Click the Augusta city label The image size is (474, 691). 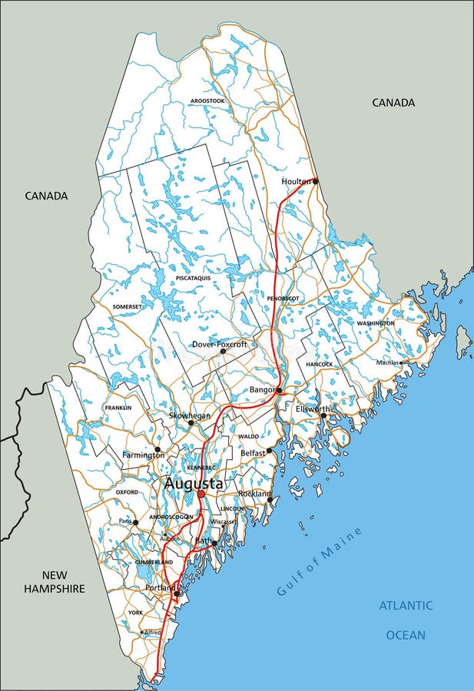tap(193, 484)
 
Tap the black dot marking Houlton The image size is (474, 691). tap(315, 181)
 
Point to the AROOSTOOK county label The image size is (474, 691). tap(207, 101)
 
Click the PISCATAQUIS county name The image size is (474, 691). tap(193, 278)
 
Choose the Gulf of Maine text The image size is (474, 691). tap(309, 572)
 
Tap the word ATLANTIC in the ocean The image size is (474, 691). tap(406, 606)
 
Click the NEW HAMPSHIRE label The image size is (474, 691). tap(54, 581)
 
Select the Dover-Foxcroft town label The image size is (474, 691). tap(220, 345)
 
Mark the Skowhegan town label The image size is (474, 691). tap(190, 415)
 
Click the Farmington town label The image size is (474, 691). tap(143, 455)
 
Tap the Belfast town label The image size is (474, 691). tap(253, 453)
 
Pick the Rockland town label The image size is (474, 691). tap(254, 494)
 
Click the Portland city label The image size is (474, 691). tap(161, 588)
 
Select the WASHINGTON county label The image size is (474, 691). tap(376, 323)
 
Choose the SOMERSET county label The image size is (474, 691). tap(127, 306)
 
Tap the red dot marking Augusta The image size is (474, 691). tap(201, 494)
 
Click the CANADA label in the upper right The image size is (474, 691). tap(393, 102)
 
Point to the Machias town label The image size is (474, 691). tap(388, 362)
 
